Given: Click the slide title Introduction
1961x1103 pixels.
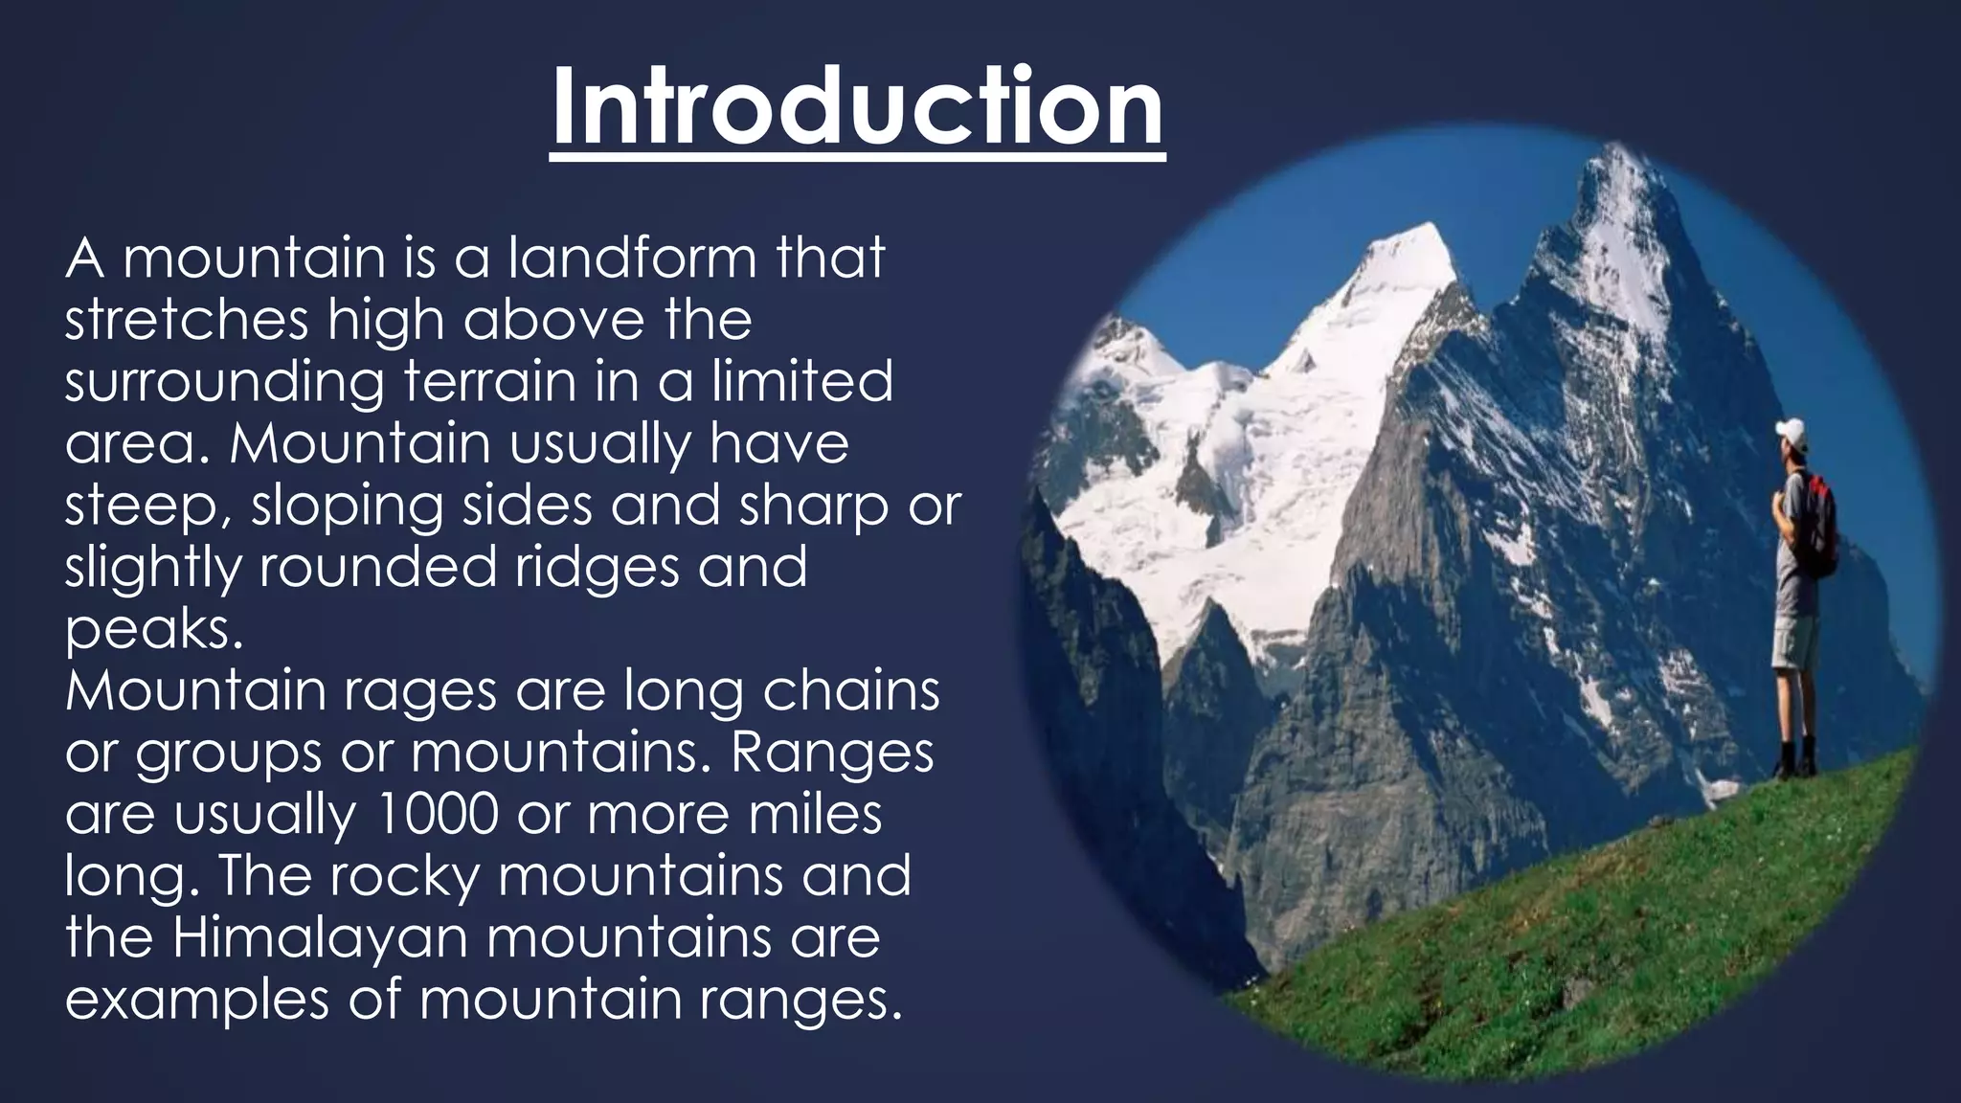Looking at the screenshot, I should click(858, 107).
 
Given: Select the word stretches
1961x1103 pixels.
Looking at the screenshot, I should click(187, 320).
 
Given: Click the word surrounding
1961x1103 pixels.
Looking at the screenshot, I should click(224, 383).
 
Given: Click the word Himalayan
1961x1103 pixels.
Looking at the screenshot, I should click(320, 938).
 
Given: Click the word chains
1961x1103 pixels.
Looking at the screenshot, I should click(851, 691).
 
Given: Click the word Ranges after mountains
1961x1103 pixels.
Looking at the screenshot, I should click(832, 754).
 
